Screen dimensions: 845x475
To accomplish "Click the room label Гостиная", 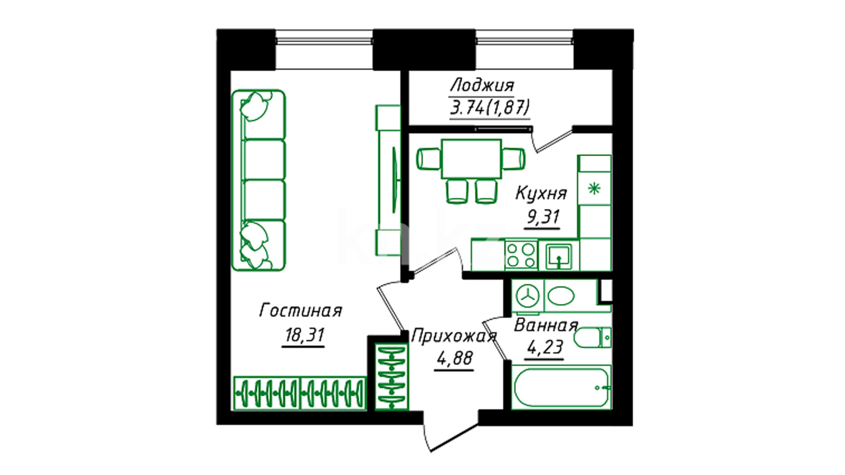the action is tap(301, 311).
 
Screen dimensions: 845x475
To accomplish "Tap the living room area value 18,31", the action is tap(304, 336).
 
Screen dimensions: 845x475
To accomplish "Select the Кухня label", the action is tap(541, 193).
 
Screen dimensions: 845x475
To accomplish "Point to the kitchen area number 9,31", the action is tap(543, 217).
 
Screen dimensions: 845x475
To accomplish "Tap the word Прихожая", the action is tap(454, 336).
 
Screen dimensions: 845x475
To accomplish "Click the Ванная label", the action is tap(546, 326).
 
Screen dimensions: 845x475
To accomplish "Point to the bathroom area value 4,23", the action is tap(545, 347).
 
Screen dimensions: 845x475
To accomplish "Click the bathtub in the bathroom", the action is tap(561, 387).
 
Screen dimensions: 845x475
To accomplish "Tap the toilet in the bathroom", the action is tap(592, 337).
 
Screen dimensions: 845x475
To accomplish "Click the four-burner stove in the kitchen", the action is tap(521, 256).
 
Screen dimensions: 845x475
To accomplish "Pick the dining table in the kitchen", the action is tap(471, 159).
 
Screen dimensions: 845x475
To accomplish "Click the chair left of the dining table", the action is tap(429, 159).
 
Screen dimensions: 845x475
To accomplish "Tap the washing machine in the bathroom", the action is tap(528, 296).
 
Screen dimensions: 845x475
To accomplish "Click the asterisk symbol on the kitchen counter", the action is tap(594, 189).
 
